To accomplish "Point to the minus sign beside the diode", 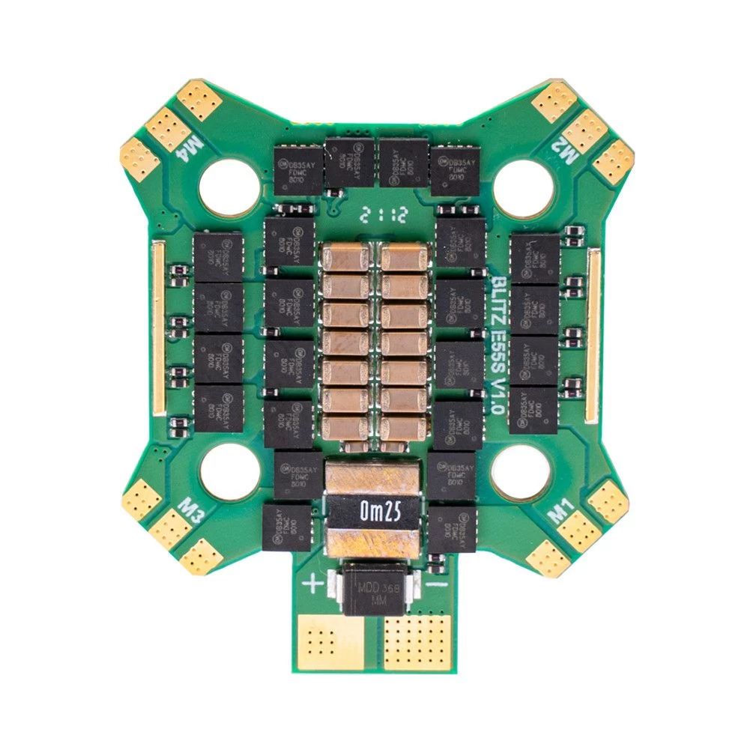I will pyautogui.click(x=439, y=582).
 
